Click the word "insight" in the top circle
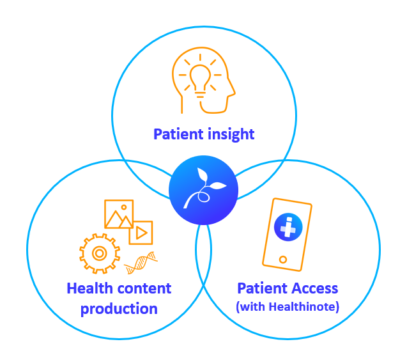tap(231, 134)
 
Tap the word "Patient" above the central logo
tap(178, 134)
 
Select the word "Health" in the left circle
tap(89, 288)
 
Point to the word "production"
tap(119, 309)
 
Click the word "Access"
tap(316, 288)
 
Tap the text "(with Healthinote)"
tap(288, 307)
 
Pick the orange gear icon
tap(100, 253)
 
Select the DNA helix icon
tap(141, 263)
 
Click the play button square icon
tap(141, 233)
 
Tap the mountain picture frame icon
tap(119, 214)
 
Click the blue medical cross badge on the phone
tap(288, 227)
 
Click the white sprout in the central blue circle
tap(204, 187)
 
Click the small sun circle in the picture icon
tap(124, 207)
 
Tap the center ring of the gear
tap(100, 253)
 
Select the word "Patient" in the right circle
tap(264, 288)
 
